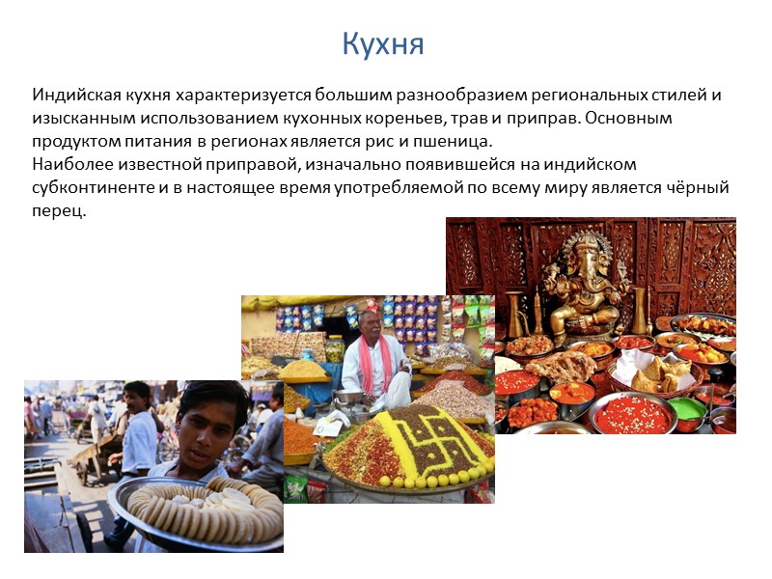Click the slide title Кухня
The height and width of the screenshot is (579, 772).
click(383, 44)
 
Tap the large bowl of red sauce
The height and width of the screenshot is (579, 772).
click(632, 413)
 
